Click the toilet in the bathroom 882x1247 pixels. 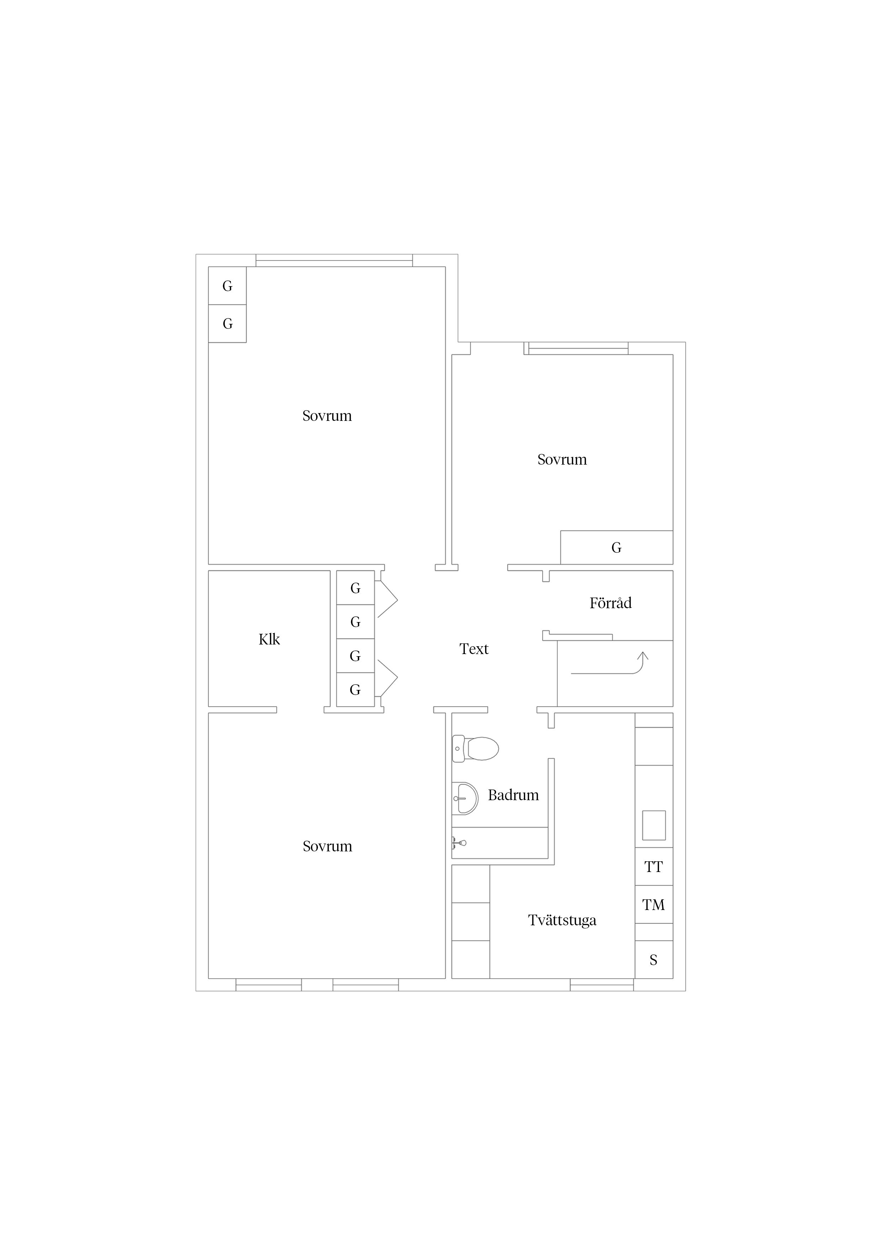point(475,748)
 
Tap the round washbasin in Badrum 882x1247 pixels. point(465,798)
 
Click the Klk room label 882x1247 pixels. point(269,639)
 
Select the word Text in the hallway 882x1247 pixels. point(474,649)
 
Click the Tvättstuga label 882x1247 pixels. point(562,920)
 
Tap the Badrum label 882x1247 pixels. point(513,795)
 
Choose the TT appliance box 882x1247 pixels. point(654,866)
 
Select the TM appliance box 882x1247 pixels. point(654,904)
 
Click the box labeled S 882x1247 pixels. point(654,960)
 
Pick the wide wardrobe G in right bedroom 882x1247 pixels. point(617,547)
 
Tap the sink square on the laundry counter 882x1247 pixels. point(654,825)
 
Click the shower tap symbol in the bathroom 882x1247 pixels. point(459,843)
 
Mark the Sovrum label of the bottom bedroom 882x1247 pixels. point(327,846)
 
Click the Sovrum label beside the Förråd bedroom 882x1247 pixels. point(562,460)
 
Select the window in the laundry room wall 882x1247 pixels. point(602,985)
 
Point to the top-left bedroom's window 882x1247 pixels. point(334,260)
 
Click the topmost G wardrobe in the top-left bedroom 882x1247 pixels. point(228,286)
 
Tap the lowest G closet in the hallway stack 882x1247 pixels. point(355,690)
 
